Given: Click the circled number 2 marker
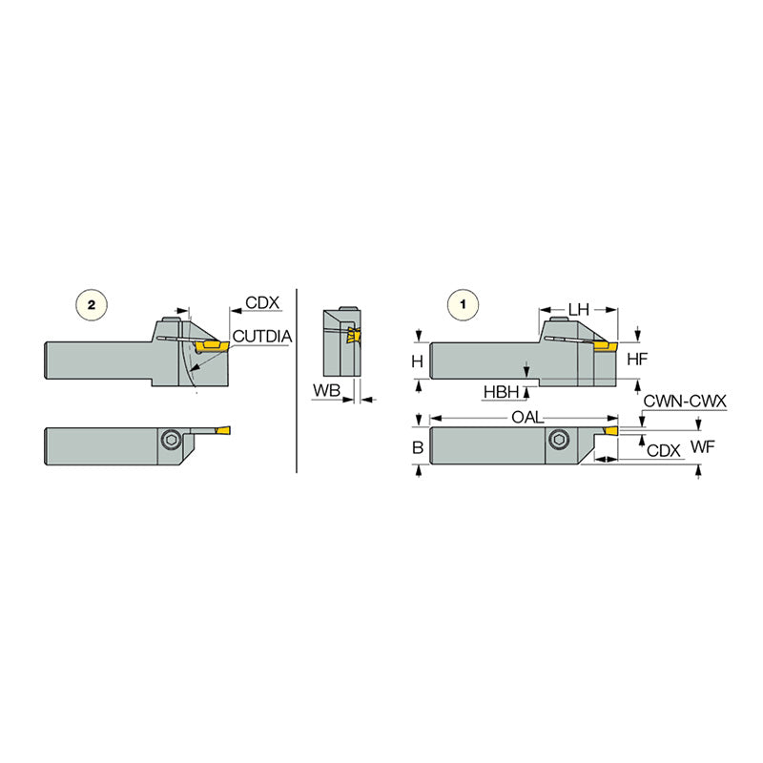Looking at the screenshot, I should point(91,305).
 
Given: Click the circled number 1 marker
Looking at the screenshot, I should point(464,305).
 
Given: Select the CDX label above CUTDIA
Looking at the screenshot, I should point(261,303).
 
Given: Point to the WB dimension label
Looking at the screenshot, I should point(326,391).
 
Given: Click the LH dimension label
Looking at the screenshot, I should point(579,309).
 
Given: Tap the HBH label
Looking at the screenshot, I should point(502,391).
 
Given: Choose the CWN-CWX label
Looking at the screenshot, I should point(686,402).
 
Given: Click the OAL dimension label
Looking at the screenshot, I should point(525,418).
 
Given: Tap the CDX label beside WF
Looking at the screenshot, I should point(664,449).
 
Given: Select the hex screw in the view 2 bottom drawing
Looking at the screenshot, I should point(172,438).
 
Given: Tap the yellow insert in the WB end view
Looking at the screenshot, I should point(353,337).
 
